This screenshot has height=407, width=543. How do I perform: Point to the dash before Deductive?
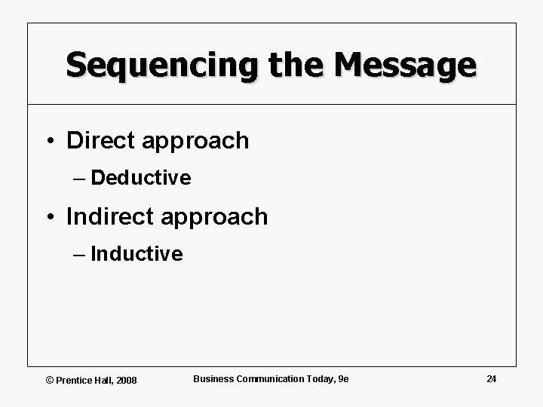click(x=80, y=178)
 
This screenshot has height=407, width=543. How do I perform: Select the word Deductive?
click(x=140, y=178)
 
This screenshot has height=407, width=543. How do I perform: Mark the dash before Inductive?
click(x=80, y=254)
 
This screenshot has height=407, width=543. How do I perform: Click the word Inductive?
click(x=137, y=254)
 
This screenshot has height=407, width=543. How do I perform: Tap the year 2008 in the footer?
click(x=126, y=380)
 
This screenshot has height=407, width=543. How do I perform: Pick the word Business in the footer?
click(x=213, y=378)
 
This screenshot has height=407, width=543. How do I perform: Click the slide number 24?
click(x=491, y=378)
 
